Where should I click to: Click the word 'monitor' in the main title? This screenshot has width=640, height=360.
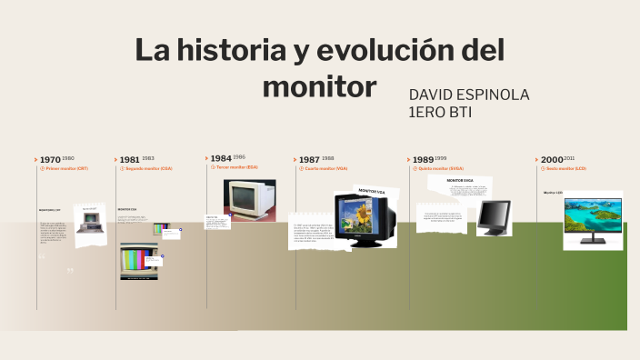[318, 86]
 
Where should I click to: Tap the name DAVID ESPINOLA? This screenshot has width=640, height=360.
[468, 95]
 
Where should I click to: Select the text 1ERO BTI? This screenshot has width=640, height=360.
[441, 112]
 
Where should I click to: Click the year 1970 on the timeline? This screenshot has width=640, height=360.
[50, 160]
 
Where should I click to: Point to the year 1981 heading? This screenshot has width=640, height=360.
[129, 160]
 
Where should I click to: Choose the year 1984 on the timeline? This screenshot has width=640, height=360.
[220, 158]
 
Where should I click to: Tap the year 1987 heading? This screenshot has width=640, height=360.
[309, 159]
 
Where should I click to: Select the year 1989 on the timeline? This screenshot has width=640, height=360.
[423, 160]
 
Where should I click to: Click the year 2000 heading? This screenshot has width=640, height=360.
[552, 159]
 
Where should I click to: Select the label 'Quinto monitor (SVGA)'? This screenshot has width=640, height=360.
[441, 169]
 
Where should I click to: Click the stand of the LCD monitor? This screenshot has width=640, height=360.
[591, 241]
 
